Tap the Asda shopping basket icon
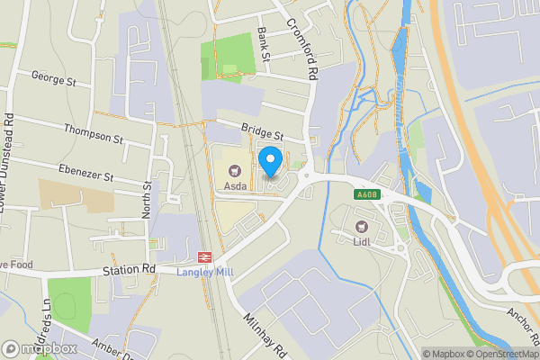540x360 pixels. pos(237,169)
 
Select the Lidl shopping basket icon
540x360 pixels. pos(363,227)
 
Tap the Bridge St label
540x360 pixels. pos(261,132)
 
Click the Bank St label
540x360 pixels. pos(264,43)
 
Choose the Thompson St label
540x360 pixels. pos(93,134)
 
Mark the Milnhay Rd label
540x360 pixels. pos(265,335)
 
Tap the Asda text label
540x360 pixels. pos(236,186)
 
